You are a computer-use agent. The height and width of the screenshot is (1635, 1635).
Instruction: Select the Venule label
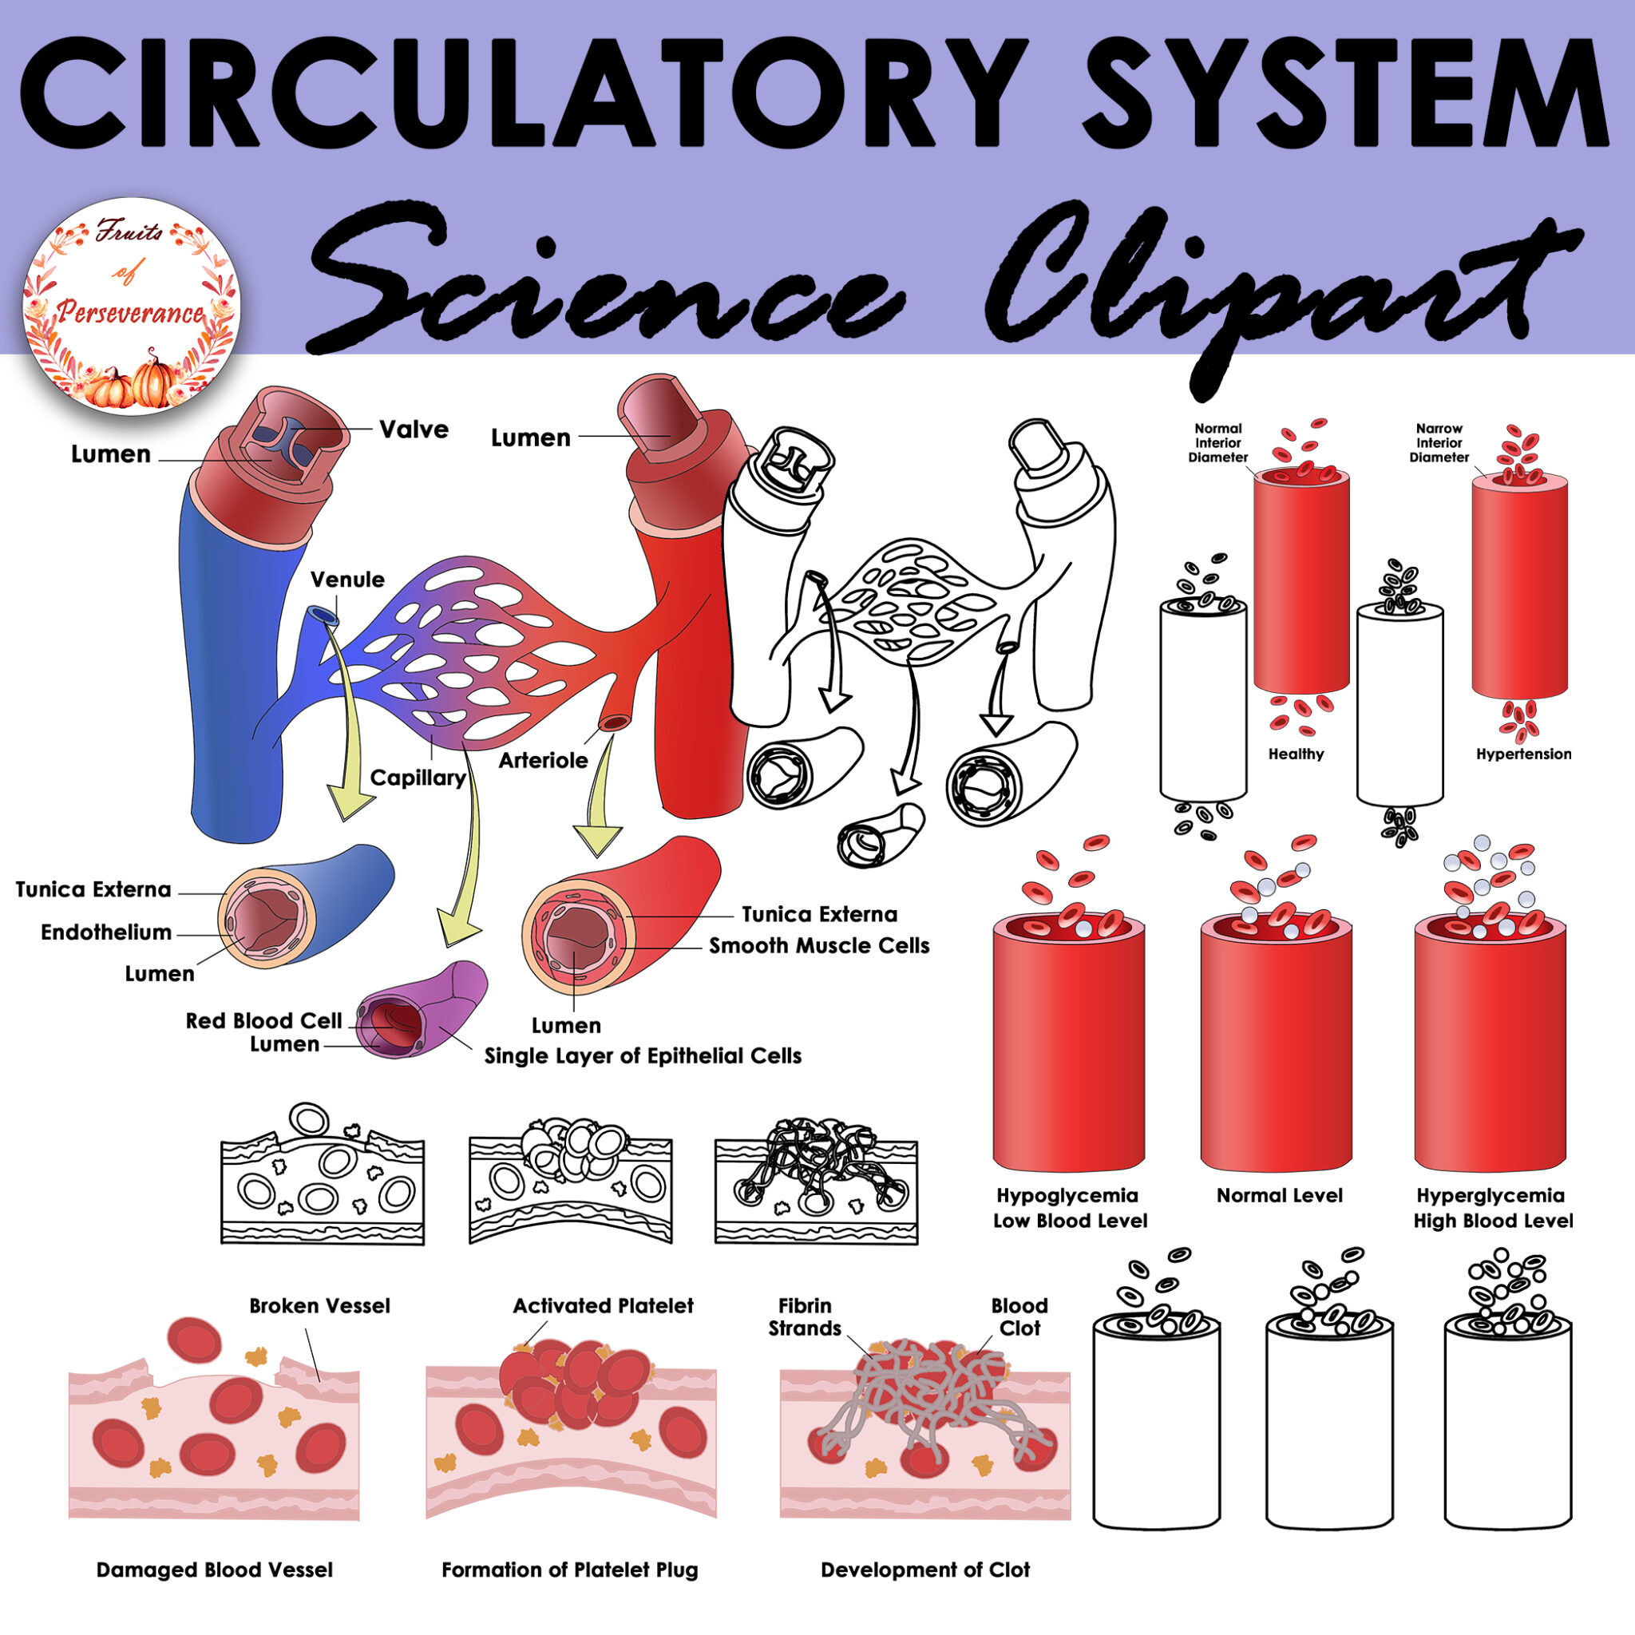pyautogui.click(x=347, y=580)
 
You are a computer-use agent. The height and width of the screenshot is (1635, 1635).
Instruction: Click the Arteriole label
pyautogui.click(x=542, y=760)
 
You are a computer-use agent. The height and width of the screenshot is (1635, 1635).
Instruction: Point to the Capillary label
pyautogui.click(x=418, y=777)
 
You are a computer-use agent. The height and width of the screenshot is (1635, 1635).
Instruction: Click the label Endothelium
pyautogui.click(x=106, y=932)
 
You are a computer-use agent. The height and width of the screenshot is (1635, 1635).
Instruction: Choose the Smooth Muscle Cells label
pyautogui.click(x=818, y=945)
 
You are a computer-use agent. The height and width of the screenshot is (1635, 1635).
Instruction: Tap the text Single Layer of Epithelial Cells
pyautogui.click(x=643, y=1055)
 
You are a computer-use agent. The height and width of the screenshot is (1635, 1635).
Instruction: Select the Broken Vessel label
pyautogui.click(x=319, y=1305)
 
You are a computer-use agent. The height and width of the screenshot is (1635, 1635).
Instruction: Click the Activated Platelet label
pyautogui.click(x=603, y=1305)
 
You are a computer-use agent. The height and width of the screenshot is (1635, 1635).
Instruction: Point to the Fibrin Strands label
pyautogui.click(x=804, y=1316)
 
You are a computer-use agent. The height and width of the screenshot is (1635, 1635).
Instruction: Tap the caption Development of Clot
pyautogui.click(x=925, y=1570)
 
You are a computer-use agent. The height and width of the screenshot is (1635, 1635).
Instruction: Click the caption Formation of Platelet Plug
pyautogui.click(x=569, y=1570)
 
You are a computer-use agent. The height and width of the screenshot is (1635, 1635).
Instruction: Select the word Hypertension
pyautogui.click(x=1523, y=754)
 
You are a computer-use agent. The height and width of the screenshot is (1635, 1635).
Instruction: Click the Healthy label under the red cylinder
pyautogui.click(x=1296, y=754)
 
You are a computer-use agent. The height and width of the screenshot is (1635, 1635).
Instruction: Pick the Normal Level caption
pyautogui.click(x=1280, y=1195)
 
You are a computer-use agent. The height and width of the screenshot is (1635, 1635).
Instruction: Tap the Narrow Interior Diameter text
pyautogui.click(x=1439, y=442)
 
